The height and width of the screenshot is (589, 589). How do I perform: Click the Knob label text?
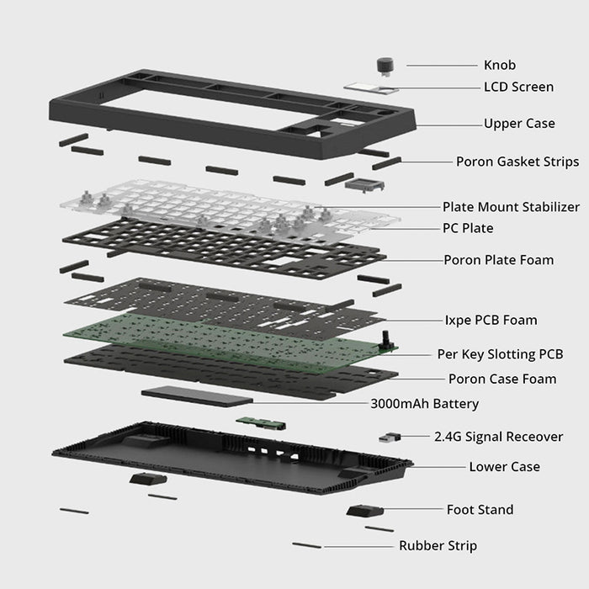click(x=499, y=65)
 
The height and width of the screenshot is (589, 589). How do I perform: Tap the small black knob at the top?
click(x=385, y=65)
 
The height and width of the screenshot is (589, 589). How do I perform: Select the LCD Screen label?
click(x=518, y=87)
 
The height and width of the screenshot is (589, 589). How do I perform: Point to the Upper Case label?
click(x=519, y=124)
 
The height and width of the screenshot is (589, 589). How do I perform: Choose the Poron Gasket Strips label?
click(x=517, y=162)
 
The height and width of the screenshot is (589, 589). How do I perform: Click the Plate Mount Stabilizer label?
click(x=511, y=206)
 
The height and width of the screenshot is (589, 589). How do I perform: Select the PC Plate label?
click(x=468, y=228)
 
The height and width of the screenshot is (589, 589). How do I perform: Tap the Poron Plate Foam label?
click(x=499, y=260)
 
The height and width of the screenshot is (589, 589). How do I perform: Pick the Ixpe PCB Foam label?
click(x=491, y=320)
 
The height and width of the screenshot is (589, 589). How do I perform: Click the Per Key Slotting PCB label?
click(x=500, y=354)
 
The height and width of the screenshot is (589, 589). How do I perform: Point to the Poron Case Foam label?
click(x=502, y=379)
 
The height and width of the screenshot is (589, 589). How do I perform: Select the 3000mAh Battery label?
click(x=424, y=404)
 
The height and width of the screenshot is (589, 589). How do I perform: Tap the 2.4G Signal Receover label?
click(x=499, y=437)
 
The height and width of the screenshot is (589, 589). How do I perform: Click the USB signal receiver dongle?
click(x=390, y=437)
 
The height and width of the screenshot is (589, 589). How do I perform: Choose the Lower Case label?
click(x=504, y=466)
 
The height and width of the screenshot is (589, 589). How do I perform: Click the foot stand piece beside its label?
click(x=364, y=511)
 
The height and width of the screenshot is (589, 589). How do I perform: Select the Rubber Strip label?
click(x=438, y=546)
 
